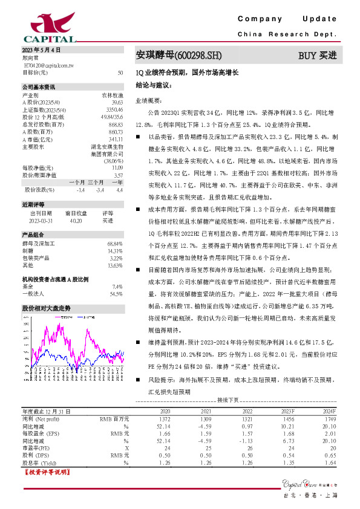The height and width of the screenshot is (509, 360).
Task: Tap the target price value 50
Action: coord(121,72)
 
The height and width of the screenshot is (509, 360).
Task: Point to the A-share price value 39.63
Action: coord(117,103)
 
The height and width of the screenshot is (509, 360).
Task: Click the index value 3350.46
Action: coord(115,110)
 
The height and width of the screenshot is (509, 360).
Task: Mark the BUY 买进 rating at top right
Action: coord(317,56)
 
